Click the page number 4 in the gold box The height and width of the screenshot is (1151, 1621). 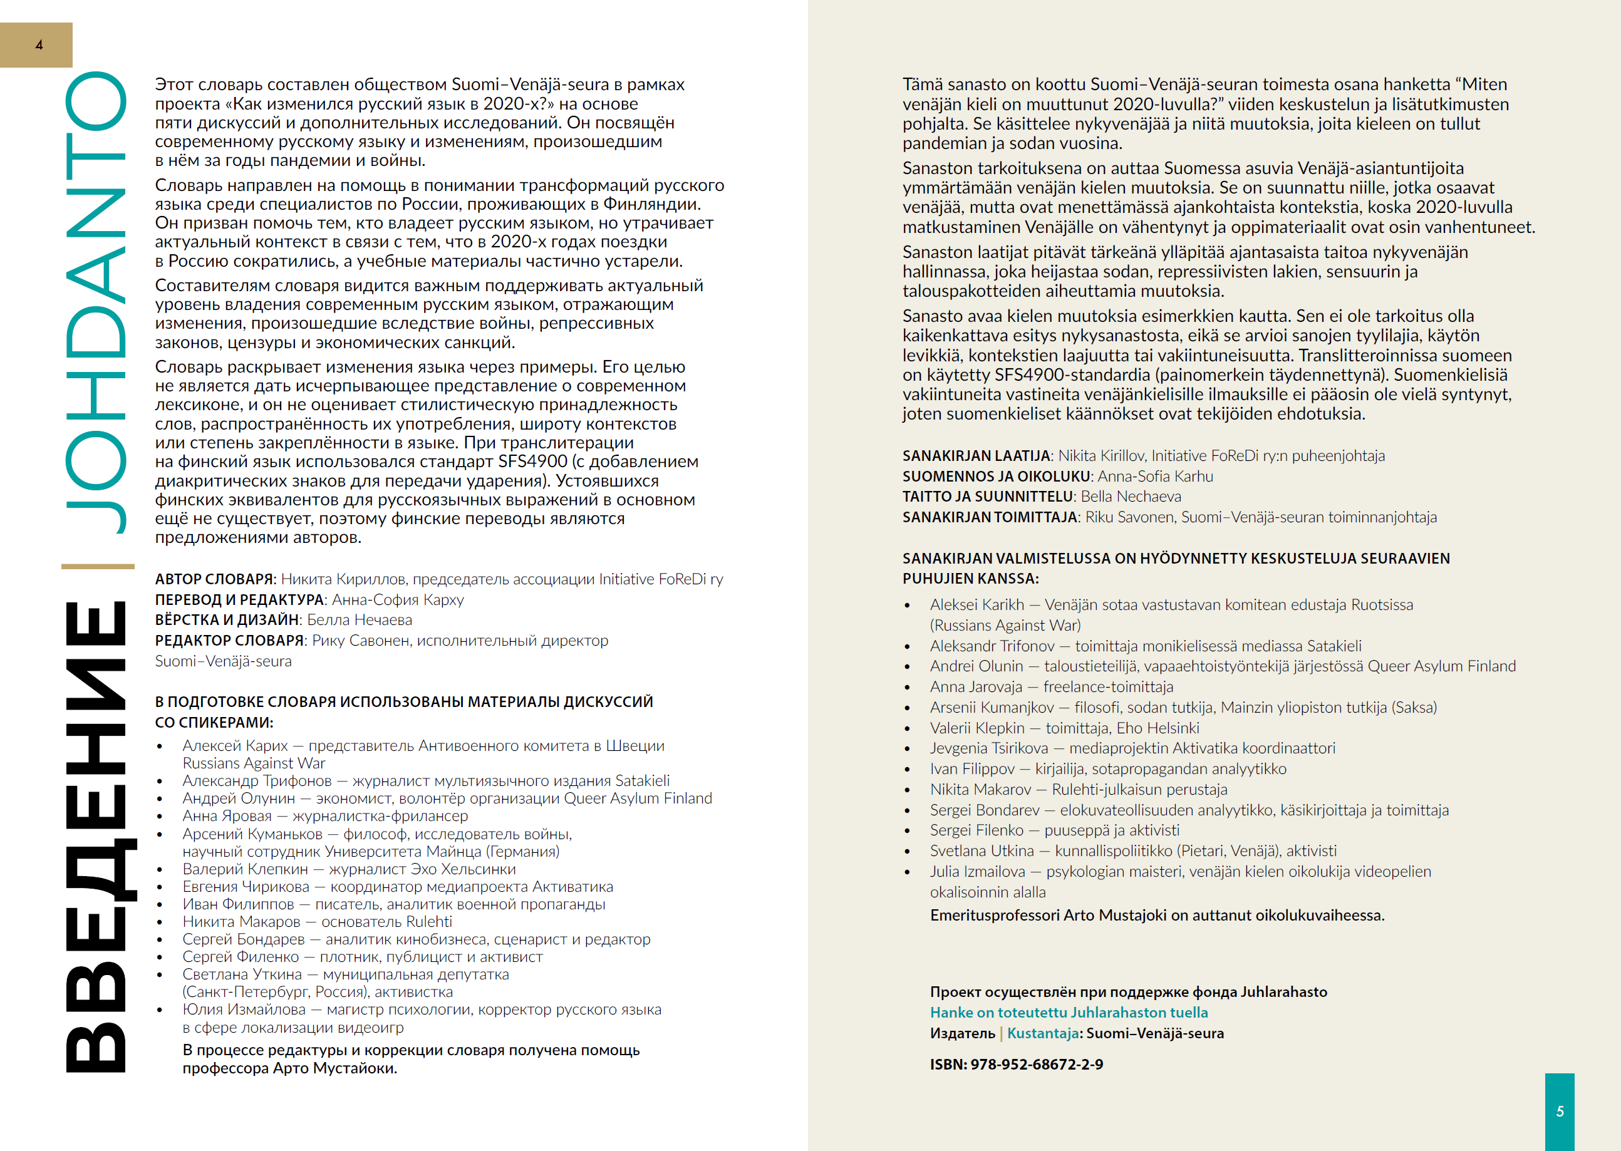(39, 44)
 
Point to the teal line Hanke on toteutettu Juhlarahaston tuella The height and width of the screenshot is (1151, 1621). (1069, 1012)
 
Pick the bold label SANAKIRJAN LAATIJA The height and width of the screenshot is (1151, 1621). (975, 456)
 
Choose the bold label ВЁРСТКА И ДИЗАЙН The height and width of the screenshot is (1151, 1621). (227, 619)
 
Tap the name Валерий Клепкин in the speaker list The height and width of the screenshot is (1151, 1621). (246, 869)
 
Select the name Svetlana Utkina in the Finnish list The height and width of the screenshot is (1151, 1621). (981, 850)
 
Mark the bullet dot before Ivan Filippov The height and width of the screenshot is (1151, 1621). (907, 769)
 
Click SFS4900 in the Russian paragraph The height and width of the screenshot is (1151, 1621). (532, 462)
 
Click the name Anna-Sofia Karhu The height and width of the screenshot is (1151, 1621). (1156, 477)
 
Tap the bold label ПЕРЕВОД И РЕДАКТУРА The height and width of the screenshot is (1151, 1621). (239, 599)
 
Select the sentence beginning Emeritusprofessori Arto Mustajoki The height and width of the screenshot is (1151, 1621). (1157, 915)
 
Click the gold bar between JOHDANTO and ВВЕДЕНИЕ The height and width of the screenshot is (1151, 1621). (97, 566)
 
